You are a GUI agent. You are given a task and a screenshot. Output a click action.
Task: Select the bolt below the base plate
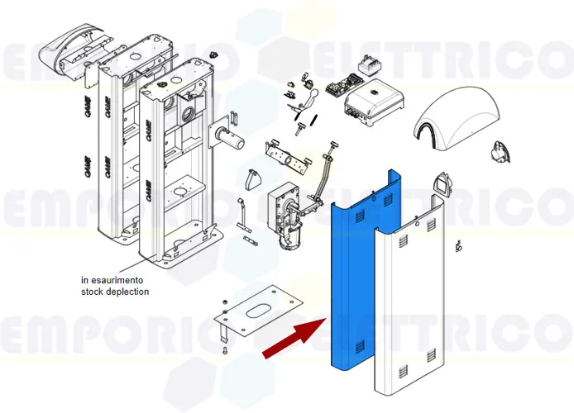pos(224,351)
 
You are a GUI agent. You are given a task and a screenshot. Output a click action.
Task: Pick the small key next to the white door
pos(457,245)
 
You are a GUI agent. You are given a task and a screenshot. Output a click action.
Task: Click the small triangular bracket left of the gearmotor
pos(254,179)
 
